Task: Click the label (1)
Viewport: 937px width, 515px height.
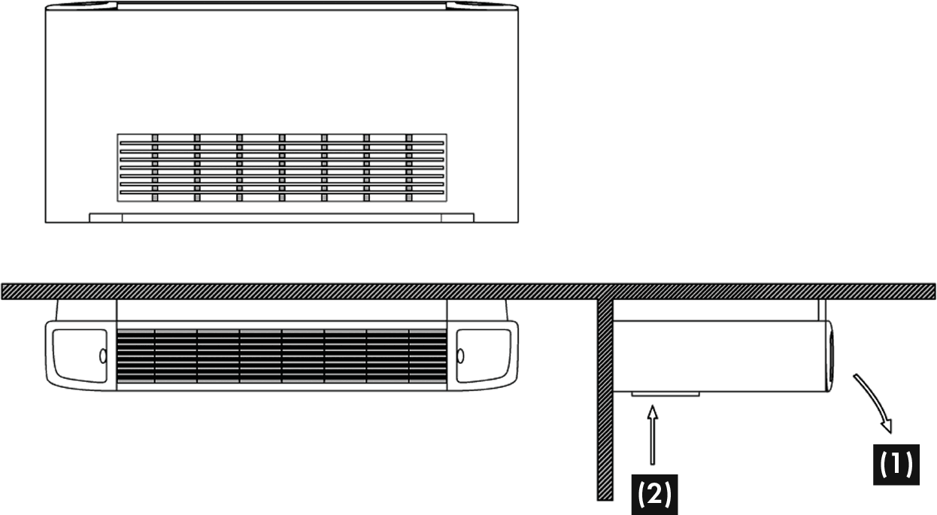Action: [896, 464]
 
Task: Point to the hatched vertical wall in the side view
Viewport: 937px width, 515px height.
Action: [603, 398]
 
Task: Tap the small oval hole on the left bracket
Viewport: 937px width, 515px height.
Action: [102, 355]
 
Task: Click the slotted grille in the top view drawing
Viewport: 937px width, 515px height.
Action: [281, 168]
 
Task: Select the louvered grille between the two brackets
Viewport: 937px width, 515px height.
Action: [283, 357]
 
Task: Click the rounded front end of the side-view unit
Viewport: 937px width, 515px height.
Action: [829, 356]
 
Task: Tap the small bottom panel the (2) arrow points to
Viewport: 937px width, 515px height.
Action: [665, 394]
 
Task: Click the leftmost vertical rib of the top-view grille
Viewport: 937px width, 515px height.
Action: [155, 168]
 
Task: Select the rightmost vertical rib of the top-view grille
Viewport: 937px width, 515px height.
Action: [410, 168]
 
